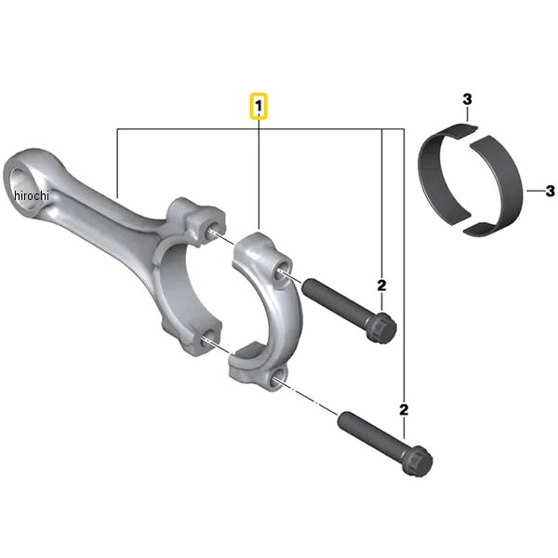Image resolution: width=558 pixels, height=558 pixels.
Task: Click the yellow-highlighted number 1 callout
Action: [x=259, y=105]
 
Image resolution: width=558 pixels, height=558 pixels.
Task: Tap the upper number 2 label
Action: [x=381, y=286]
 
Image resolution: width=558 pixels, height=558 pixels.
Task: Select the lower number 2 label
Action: [x=404, y=410]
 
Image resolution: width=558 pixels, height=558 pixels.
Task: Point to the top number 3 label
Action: [x=467, y=100]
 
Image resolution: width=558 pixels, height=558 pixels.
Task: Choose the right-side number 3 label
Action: [x=551, y=191]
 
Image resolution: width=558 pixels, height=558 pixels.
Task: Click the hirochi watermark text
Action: [x=32, y=195]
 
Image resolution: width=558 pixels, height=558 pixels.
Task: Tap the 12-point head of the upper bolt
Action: [x=384, y=326]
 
